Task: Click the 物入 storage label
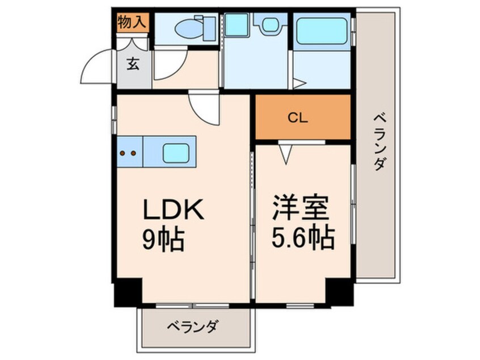pos(132,22)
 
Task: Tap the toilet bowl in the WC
pos(188,29)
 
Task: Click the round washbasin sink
pos(270,24)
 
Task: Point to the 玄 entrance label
pos(133,64)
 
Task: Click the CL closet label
pos(298,118)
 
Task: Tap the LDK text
pos(173,210)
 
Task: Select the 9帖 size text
pos(163,238)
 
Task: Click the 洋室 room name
pos(301,208)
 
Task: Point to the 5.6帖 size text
pos(303,237)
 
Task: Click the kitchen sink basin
pos(176,153)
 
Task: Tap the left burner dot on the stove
pos(123,153)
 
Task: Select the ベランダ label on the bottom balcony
pos(193,326)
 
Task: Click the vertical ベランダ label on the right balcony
pos(379,142)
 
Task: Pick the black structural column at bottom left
pos(128,292)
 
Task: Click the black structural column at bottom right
pos(339,292)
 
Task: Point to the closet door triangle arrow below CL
pos(286,154)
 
